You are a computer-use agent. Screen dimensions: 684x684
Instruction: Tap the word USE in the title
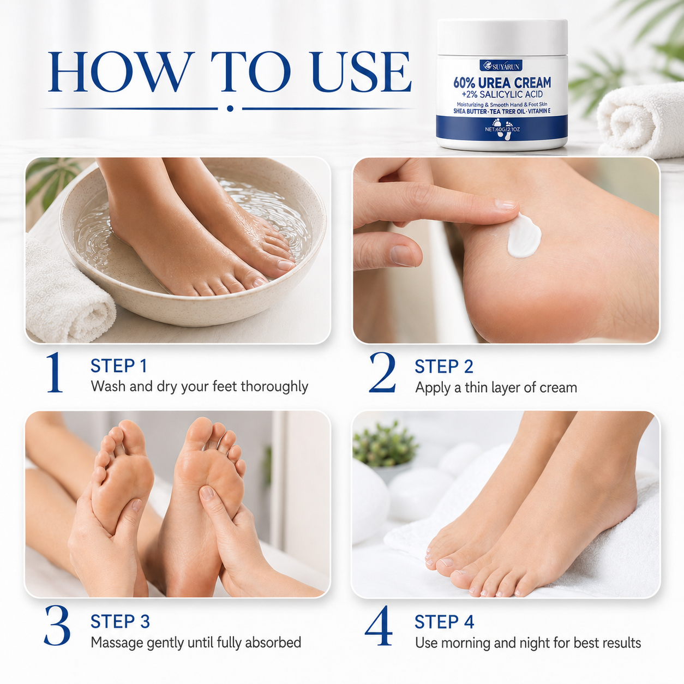point(361,72)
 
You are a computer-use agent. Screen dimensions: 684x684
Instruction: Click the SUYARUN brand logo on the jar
point(501,65)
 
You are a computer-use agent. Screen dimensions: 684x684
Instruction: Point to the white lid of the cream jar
point(502,37)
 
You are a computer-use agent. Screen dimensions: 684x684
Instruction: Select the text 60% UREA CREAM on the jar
point(502,83)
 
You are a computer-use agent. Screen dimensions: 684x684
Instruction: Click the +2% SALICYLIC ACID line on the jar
point(502,94)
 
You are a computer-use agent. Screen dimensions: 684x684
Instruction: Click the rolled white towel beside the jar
point(641,120)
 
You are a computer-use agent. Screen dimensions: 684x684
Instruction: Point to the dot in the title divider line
point(230,108)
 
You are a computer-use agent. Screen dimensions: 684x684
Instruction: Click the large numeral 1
point(55,373)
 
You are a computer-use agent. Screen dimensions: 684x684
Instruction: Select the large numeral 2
point(382,373)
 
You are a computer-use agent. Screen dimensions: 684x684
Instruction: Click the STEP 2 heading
point(443,367)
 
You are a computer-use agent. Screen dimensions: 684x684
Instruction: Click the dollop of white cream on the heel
point(524,235)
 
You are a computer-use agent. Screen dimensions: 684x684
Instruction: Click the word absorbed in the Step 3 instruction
point(273,642)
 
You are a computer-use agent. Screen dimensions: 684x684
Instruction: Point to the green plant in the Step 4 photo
point(385,444)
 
